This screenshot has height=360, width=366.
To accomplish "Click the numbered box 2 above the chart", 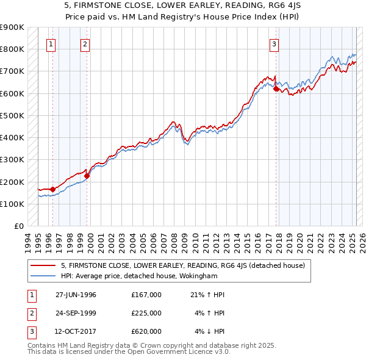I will pyautogui.click(x=85, y=44).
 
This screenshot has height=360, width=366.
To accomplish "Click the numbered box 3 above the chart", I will pyautogui.click(x=274, y=44).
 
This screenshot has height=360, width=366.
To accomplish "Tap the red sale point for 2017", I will pyautogui.click(x=276, y=89).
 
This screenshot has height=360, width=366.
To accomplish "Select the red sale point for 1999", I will pyautogui.click(x=87, y=176).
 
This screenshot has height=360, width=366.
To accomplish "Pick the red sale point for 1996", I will pyautogui.click(x=52, y=189).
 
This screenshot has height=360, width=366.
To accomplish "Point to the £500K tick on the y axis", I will pyautogui.click(x=12, y=115).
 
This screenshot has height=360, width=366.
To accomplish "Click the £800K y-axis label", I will pyautogui.click(x=12, y=49).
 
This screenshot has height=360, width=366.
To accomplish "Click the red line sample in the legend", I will pyautogui.click(x=43, y=265).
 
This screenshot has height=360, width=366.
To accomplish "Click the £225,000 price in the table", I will pyautogui.click(x=146, y=313).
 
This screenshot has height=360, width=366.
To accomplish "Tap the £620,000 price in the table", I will pyautogui.click(x=146, y=331).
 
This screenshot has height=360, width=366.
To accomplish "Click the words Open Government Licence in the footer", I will pyautogui.click(x=175, y=352).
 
